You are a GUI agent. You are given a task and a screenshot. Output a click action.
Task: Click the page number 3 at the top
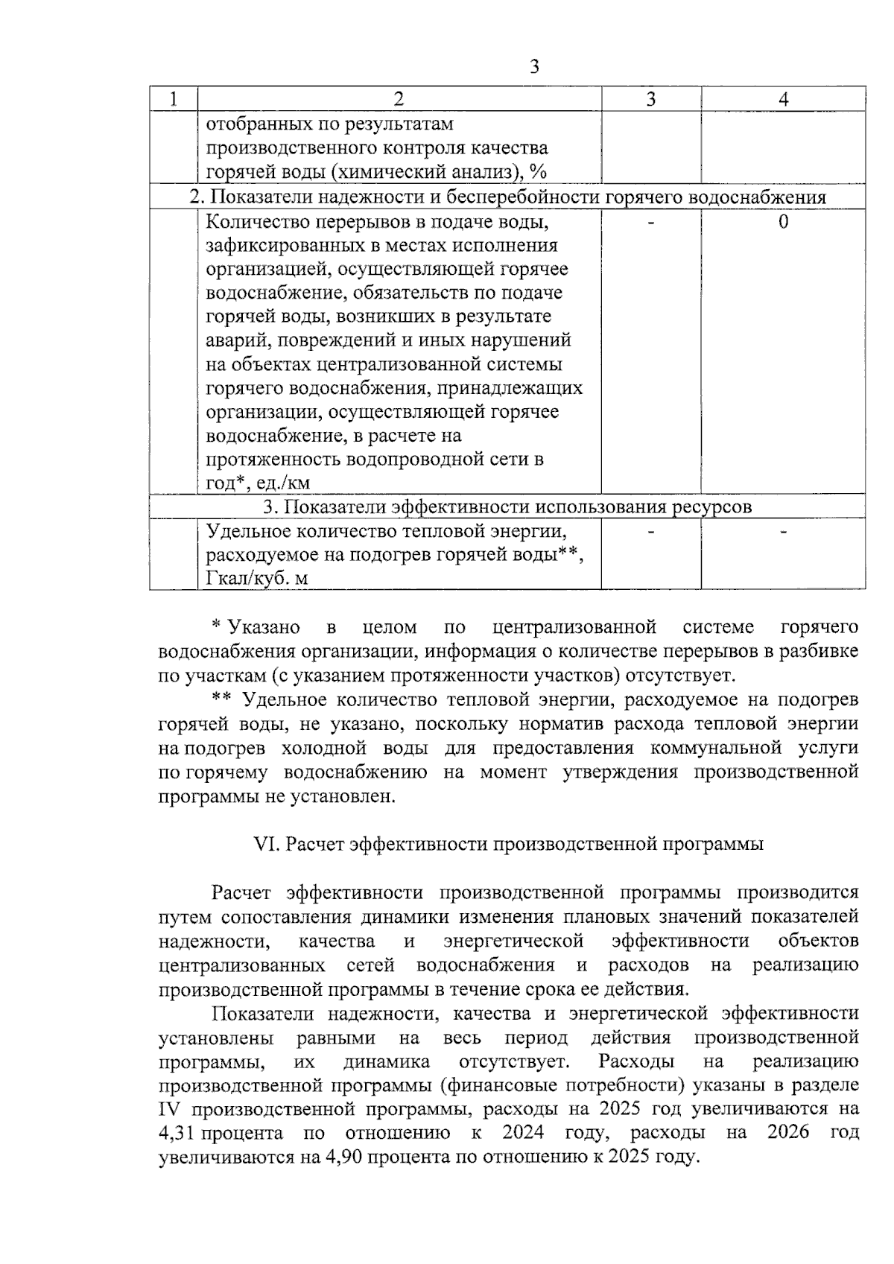533,67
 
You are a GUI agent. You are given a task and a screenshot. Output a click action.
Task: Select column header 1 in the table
173,99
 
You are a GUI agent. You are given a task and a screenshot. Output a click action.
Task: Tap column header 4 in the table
783,99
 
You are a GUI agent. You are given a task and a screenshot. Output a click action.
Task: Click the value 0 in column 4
783,222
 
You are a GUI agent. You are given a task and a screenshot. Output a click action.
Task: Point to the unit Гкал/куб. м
257,578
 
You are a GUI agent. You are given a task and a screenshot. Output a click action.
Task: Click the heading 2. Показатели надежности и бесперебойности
507,197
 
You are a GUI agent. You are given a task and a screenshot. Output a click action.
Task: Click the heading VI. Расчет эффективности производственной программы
509,844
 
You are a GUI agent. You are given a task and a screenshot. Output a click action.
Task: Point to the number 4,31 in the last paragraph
177,1134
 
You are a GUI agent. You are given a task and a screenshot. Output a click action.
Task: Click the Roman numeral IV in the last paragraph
170,1109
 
